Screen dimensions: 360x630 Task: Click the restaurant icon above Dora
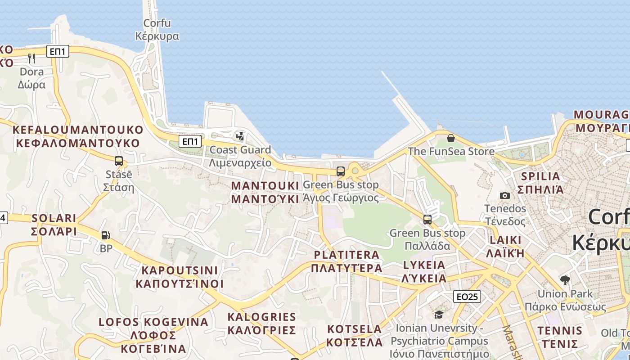[x=31, y=58]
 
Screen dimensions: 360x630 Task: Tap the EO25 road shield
[x=467, y=297]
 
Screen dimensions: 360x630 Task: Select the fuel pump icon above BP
[x=105, y=235]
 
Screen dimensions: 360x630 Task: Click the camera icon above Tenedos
[x=505, y=195]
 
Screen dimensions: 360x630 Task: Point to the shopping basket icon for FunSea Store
[x=450, y=138]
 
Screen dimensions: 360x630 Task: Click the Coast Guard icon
[x=240, y=136]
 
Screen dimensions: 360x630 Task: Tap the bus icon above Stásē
[x=119, y=161]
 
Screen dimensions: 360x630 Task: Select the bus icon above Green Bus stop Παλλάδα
[x=427, y=220]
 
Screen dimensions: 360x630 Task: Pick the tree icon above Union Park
[x=565, y=280]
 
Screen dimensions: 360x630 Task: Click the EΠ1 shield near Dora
[x=58, y=52]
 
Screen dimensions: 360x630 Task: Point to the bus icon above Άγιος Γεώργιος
[x=341, y=171]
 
